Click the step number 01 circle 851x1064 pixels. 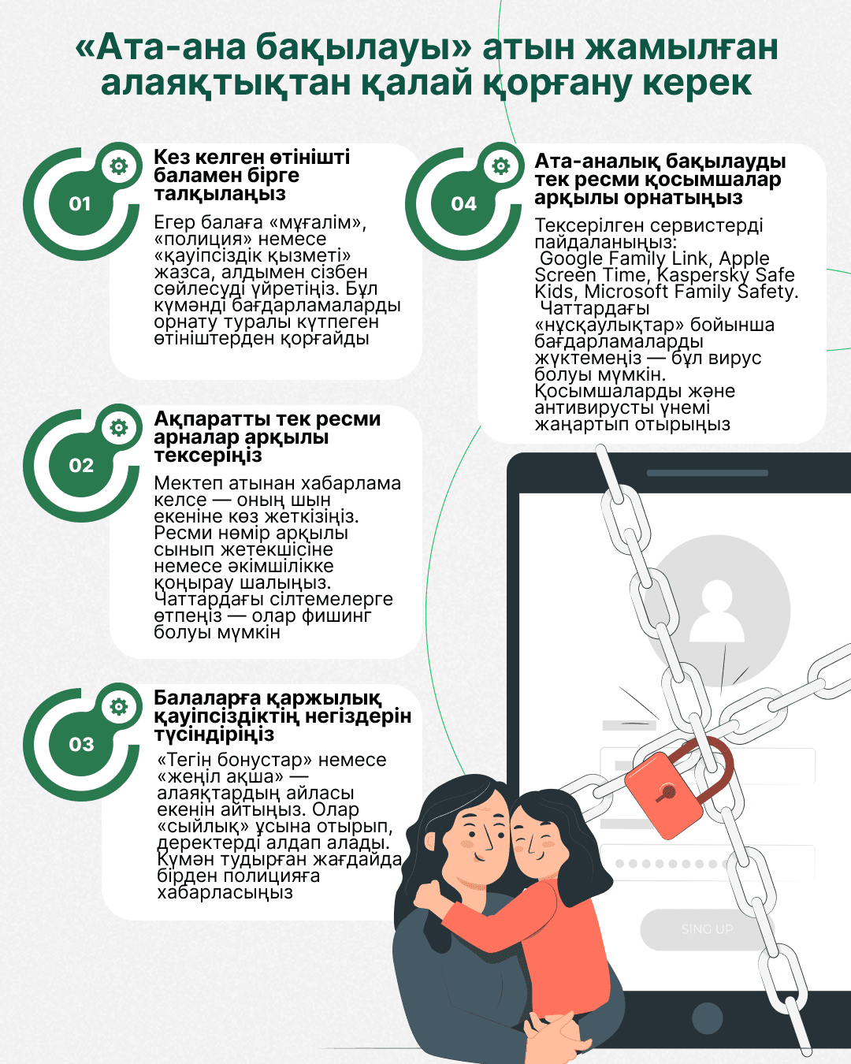[x=80, y=204]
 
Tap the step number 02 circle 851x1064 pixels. [x=80, y=466]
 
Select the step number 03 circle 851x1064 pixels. [x=80, y=745]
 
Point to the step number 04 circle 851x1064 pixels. [x=463, y=204]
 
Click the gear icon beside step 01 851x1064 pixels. [x=119, y=166]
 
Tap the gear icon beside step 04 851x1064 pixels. [x=501, y=166]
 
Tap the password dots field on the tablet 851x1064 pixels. [x=670, y=864]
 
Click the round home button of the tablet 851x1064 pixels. [x=707, y=1017]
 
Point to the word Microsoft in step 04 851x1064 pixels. [x=625, y=292]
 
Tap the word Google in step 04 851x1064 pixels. [x=571, y=259]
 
